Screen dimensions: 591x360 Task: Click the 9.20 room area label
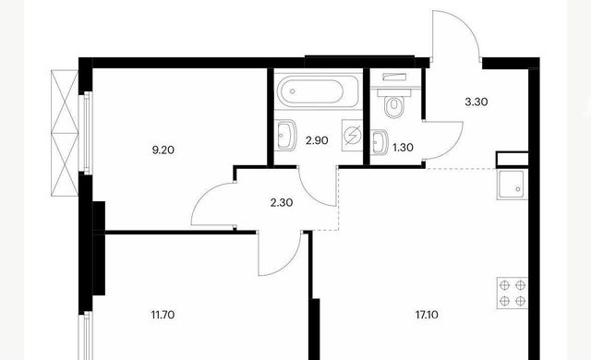click(x=163, y=150)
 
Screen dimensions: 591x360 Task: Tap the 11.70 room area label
click(x=163, y=315)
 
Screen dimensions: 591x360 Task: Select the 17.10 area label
click(x=427, y=315)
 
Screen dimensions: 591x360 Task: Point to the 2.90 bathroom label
click(x=317, y=141)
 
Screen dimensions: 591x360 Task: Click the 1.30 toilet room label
click(x=403, y=148)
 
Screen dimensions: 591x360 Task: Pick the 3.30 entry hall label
click(x=476, y=102)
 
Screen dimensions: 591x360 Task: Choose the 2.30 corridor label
click(x=282, y=203)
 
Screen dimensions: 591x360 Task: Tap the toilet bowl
click(x=394, y=106)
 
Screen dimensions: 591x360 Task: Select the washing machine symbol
click(x=352, y=135)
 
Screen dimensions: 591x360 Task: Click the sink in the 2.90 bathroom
click(x=285, y=135)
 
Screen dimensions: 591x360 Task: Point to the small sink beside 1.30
click(x=380, y=142)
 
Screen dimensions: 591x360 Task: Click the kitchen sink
click(x=512, y=185)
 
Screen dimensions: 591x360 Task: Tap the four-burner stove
click(x=513, y=293)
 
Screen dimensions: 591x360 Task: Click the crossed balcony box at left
click(x=65, y=133)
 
